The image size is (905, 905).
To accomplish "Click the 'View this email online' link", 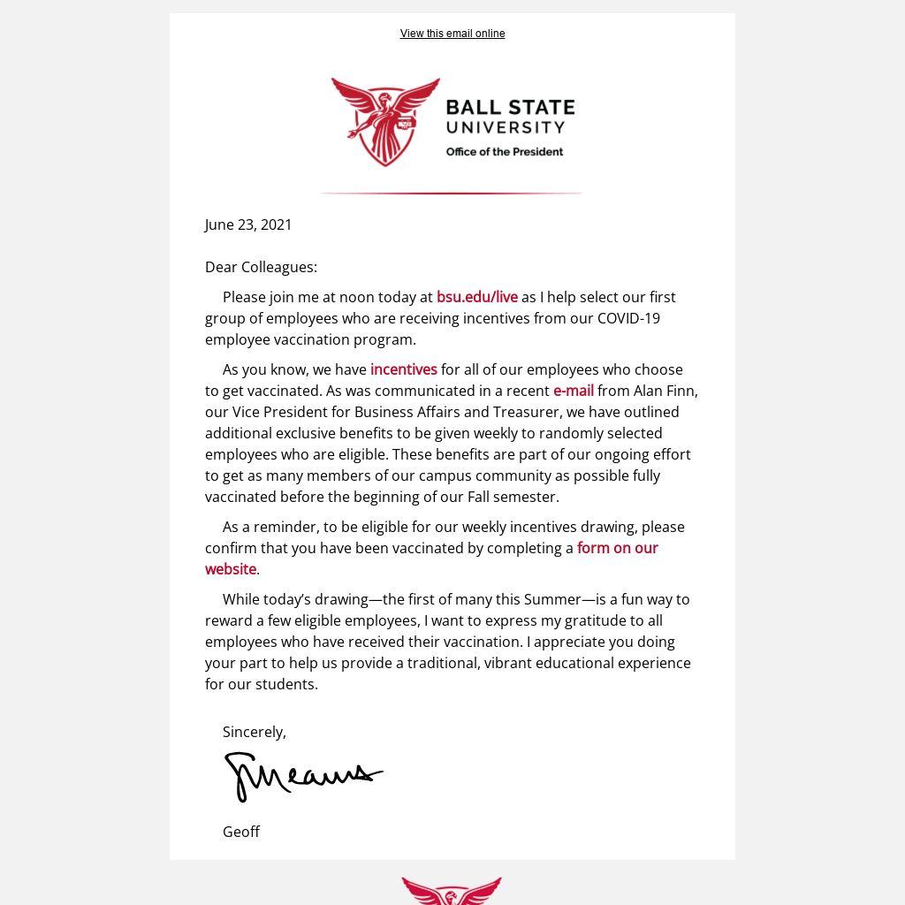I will pyautogui.click(x=452, y=34).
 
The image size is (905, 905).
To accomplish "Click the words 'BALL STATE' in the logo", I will pyautogui.click(x=510, y=108).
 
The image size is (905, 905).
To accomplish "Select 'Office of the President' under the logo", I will pyautogui.click(x=504, y=152).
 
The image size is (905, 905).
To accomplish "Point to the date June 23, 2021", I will pyautogui.click(x=248, y=224).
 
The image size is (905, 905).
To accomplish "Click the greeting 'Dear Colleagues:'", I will pyautogui.click(x=261, y=267).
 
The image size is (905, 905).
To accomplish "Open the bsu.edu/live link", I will pyautogui.click(x=476, y=297).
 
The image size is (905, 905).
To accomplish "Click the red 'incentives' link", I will pyautogui.click(x=403, y=369).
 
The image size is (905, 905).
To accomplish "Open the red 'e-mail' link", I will pyautogui.click(x=573, y=391).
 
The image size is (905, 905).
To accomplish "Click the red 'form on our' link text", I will pyautogui.click(x=617, y=548).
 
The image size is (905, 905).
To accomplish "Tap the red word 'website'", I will pyautogui.click(x=230, y=569).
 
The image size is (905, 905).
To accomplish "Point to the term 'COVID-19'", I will pyautogui.click(x=628, y=318).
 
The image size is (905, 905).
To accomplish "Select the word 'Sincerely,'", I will pyautogui.click(x=254, y=732).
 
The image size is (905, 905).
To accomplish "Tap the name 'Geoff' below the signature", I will pyautogui.click(x=240, y=832).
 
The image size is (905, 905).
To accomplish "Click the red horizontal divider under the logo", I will pyautogui.click(x=451, y=193).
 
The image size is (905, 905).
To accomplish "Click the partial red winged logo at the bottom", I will pyautogui.click(x=452, y=891).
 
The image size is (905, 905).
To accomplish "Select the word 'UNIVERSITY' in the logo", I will pyautogui.click(x=505, y=127).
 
